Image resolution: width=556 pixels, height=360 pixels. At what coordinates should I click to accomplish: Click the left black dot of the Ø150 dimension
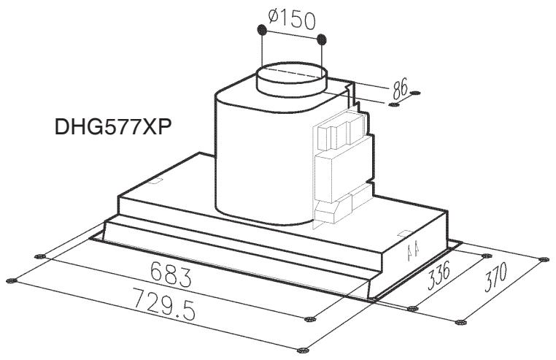(x=260, y=31)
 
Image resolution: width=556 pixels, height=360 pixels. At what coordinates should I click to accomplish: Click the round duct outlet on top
(x=291, y=79)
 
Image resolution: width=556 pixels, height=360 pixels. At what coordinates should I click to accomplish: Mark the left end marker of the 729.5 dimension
(x=11, y=280)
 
